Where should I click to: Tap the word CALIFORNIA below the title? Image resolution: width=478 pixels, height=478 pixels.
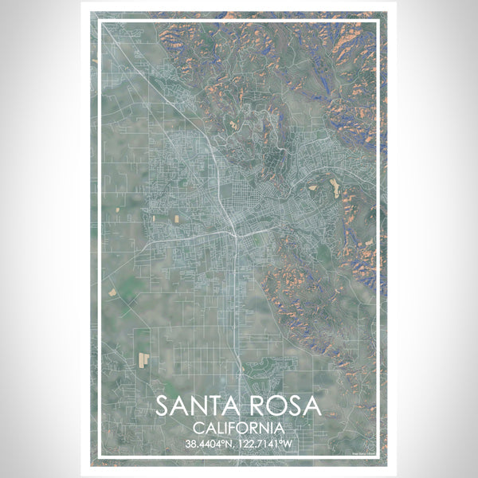point(238,427)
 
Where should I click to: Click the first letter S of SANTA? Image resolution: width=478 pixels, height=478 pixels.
point(162,406)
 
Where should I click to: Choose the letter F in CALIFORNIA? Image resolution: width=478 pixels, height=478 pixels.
point(233,427)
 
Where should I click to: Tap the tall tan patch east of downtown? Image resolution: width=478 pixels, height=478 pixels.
point(334,188)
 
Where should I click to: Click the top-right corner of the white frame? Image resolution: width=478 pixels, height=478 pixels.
point(377,21)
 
